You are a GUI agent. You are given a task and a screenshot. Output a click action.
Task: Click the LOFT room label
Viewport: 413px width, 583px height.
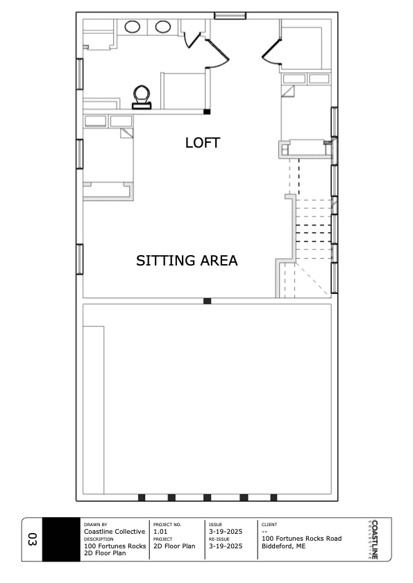point(203,143)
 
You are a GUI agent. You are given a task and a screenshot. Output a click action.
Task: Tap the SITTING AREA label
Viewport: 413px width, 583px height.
point(187,261)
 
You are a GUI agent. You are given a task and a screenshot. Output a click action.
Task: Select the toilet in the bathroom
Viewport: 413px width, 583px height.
point(142,98)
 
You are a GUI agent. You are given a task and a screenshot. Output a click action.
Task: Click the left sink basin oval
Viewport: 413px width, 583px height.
point(132,27)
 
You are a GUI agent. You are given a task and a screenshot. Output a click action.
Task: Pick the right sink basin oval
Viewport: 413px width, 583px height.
point(163,27)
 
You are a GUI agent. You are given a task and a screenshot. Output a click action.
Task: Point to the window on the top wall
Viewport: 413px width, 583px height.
point(230,16)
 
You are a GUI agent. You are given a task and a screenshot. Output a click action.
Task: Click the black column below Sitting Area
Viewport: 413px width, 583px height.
point(208,301)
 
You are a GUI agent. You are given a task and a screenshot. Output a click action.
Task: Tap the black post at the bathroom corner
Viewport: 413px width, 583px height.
point(207,111)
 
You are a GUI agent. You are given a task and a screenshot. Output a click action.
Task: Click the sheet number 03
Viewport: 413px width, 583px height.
point(33,539)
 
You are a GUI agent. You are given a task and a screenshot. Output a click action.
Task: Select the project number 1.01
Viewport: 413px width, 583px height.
point(160,532)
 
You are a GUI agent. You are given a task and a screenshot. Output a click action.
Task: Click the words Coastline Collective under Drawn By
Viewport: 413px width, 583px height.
point(115,532)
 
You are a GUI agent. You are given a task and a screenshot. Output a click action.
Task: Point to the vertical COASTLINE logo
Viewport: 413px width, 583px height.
point(374,539)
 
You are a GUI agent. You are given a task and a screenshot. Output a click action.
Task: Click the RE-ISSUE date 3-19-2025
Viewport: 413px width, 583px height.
point(226,546)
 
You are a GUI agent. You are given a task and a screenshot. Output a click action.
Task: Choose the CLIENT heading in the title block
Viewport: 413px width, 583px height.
point(269,525)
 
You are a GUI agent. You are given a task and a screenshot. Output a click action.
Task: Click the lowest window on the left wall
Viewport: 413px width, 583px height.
point(80,259)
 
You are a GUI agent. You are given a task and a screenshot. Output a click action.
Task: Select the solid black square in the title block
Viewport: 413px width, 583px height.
point(61,539)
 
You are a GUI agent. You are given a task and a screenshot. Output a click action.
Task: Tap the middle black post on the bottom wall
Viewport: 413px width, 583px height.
point(208,498)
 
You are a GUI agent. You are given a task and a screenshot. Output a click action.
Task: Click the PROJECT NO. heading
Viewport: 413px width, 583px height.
point(167,525)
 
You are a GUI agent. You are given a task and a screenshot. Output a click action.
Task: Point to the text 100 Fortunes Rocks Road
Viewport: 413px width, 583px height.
point(302,539)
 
